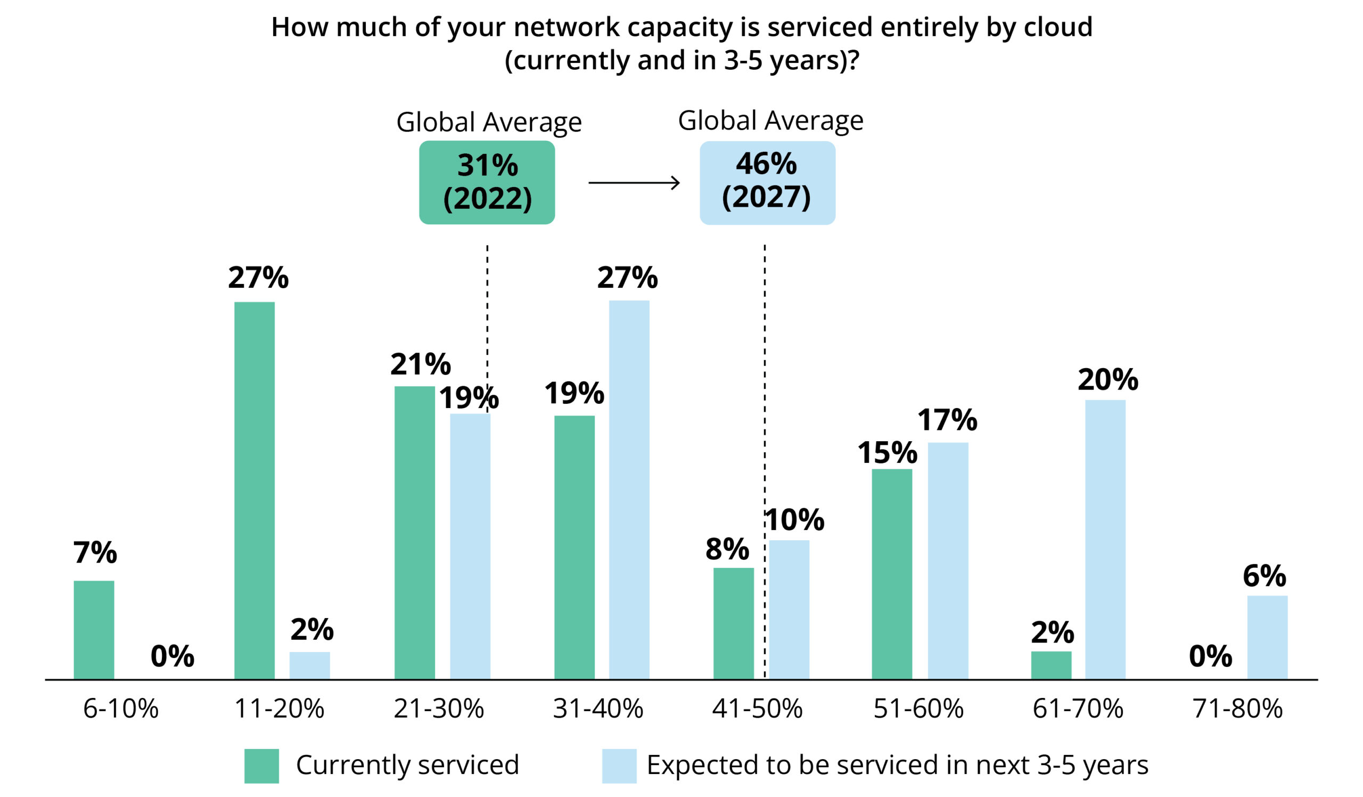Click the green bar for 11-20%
(x=254, y=490)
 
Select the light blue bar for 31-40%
(x=629, y=489)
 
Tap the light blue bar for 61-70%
(x=1105, y=539)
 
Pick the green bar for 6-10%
(x=94, y=629)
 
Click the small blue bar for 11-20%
(x=309, y=665)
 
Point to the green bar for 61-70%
(x=1051, y=665)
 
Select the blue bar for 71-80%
(x=1267, y=637)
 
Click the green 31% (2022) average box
(x=487, y=182)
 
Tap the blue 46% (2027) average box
(x=767, y=182)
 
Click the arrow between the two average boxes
(x=634, y=183)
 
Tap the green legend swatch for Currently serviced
(x=261, y=766)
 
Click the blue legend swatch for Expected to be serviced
(x=619, y=766)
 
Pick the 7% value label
(x=95, y=552)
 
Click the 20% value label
(x=1108, y=379)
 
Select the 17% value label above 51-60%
(x=947, y=420)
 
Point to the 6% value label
(x=1264, y=576)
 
